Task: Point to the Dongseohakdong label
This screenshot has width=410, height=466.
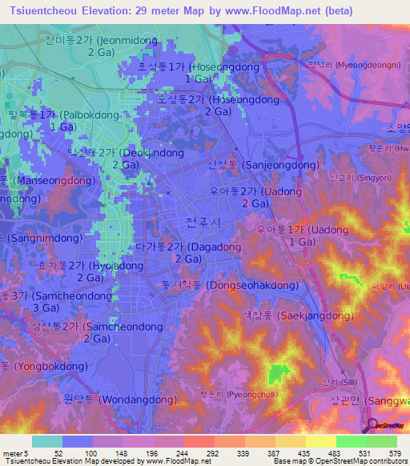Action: [230, 285]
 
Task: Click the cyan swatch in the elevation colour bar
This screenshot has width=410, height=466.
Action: [47, 441]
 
